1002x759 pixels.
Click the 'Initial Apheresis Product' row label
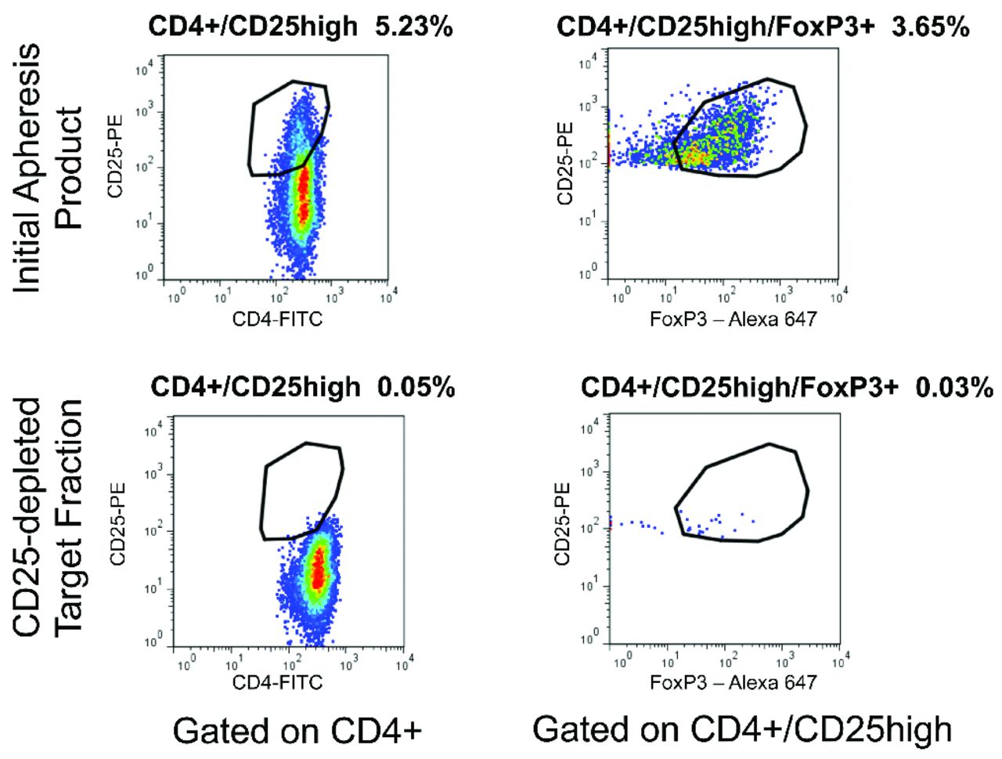[x=49, y=168]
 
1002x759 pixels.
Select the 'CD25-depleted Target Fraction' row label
[x=49, y=517]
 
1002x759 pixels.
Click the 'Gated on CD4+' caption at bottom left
[x=297, y=731]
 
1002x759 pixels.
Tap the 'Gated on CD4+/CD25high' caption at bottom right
[x=742, y=729]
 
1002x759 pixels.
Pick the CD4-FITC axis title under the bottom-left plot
[x=277, y=682]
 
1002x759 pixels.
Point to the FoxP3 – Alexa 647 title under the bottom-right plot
[x=733, y=682]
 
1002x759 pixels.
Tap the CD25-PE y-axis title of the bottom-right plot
[x=562, y=523]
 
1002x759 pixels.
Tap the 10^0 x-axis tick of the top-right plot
[x=620, y=297]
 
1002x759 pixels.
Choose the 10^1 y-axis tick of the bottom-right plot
[x=589, y=584]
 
